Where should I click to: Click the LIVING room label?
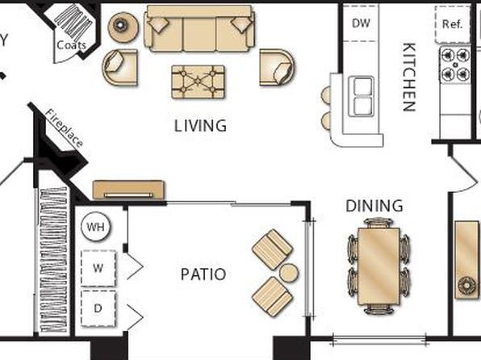[201, 126]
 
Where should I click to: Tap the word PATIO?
[203, 274]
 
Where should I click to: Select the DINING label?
[374, 206]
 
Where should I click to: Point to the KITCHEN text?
[409, 77]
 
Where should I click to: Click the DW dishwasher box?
[361, 23]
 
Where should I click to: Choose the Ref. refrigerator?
[452, 24]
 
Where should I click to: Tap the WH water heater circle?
[96, 227]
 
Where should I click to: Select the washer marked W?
[98, 268]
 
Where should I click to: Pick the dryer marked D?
[98, 308]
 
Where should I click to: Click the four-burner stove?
[455, 65]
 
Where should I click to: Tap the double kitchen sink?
[362, 96]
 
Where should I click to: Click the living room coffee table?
[198, 82]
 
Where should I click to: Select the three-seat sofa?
[199, 28]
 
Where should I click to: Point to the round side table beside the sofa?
[123, 27]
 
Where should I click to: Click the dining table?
[379, 266]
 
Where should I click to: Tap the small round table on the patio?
[289, 273]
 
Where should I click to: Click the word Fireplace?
[64, 128]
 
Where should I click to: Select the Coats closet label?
[71, 45]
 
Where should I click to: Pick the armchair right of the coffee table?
[277, 67]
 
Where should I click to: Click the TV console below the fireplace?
[128, 190]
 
